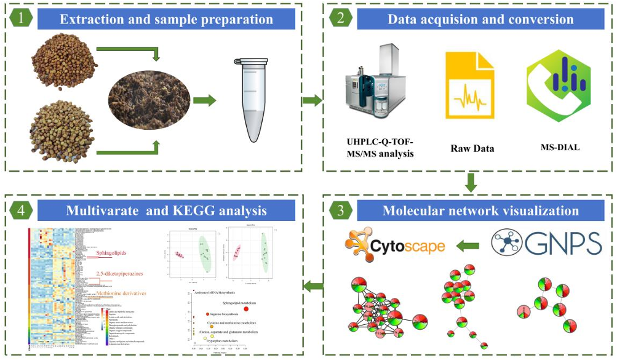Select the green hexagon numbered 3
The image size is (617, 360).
(x=341, y=210)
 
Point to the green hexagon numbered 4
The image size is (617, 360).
(x=21, y=210)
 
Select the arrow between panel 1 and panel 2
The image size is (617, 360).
(x=313, y=100)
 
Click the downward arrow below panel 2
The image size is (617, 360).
(x=471, y=182)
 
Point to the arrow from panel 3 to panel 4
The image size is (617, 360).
(x=313, y=284)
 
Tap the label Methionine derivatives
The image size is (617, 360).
(x=119, y=294)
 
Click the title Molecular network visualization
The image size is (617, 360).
(x=480, y=210)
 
